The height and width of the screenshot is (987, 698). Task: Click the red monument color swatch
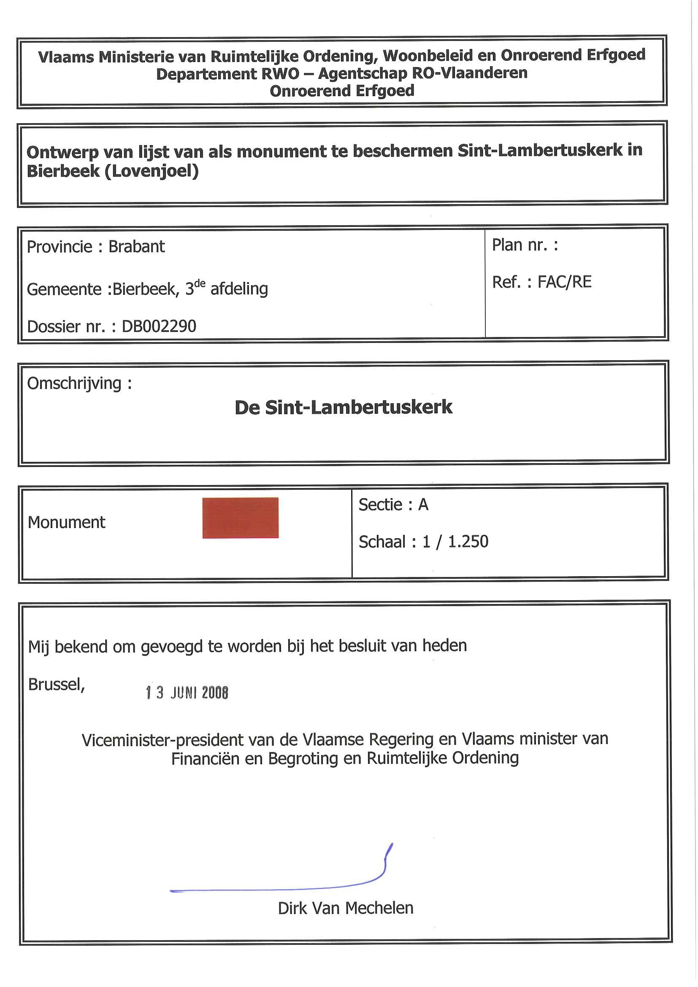pos(241,518)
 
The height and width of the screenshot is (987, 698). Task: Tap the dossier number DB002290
pos(159,326)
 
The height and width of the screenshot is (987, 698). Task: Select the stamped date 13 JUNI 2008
pos(187,693)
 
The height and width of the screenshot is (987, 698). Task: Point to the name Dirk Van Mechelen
pos(345,908)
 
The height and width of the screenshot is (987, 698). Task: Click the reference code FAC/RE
pos(564,282)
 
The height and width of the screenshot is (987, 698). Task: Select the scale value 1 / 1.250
pos(455,542)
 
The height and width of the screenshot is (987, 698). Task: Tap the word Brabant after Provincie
pos(136,247)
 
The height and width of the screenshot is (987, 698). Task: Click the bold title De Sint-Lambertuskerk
pos(343,407)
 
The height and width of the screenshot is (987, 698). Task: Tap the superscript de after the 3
pos(200,284)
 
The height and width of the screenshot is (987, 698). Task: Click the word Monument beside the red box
pos(66,522)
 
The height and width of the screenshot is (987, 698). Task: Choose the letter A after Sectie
pos(423,504)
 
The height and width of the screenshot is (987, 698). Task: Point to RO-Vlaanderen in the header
pos(470,73)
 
